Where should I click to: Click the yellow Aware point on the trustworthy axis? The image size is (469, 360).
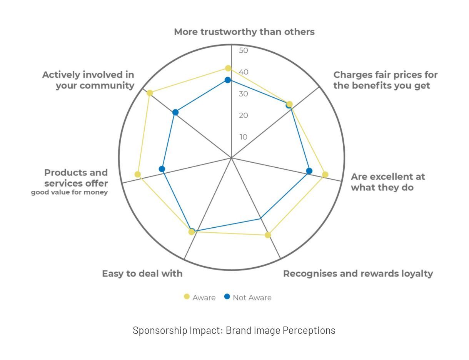[x=228, y=68]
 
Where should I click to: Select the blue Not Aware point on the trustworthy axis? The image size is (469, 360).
[x=228, y=80]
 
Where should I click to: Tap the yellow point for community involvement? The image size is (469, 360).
[x=150, y=93]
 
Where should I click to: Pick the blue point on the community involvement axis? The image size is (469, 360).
[x=175, y=112]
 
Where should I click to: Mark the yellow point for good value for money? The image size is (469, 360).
[x=138, y=174]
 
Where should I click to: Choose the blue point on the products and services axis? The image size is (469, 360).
[x=162, y=169]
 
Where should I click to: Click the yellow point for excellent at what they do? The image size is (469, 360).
[x=325, y=175]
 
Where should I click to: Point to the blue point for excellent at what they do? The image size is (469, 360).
[x=309, y=171]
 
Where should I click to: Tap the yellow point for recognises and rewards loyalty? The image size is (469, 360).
[x=268, y=235]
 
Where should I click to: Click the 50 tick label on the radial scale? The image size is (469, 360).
[x=244, y=50]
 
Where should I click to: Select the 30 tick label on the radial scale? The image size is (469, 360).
[x=244, y=94]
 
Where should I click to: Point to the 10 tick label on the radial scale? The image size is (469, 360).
[x=244, y=137]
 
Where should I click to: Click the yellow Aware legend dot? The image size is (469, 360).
[x=187, y=297]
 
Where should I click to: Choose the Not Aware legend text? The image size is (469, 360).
[x=252, y=298]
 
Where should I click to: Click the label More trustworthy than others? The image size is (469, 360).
[x=244, y=32]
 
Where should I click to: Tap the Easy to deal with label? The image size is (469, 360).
[x=142, y=273]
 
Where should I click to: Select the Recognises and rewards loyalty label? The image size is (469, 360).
[x=358, y=274]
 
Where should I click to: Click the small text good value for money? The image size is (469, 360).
[x=70, y=192]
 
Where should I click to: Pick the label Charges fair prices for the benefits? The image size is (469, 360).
[x=386, y=80]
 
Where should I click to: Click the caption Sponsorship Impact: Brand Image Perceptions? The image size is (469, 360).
[x=234, y=330]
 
